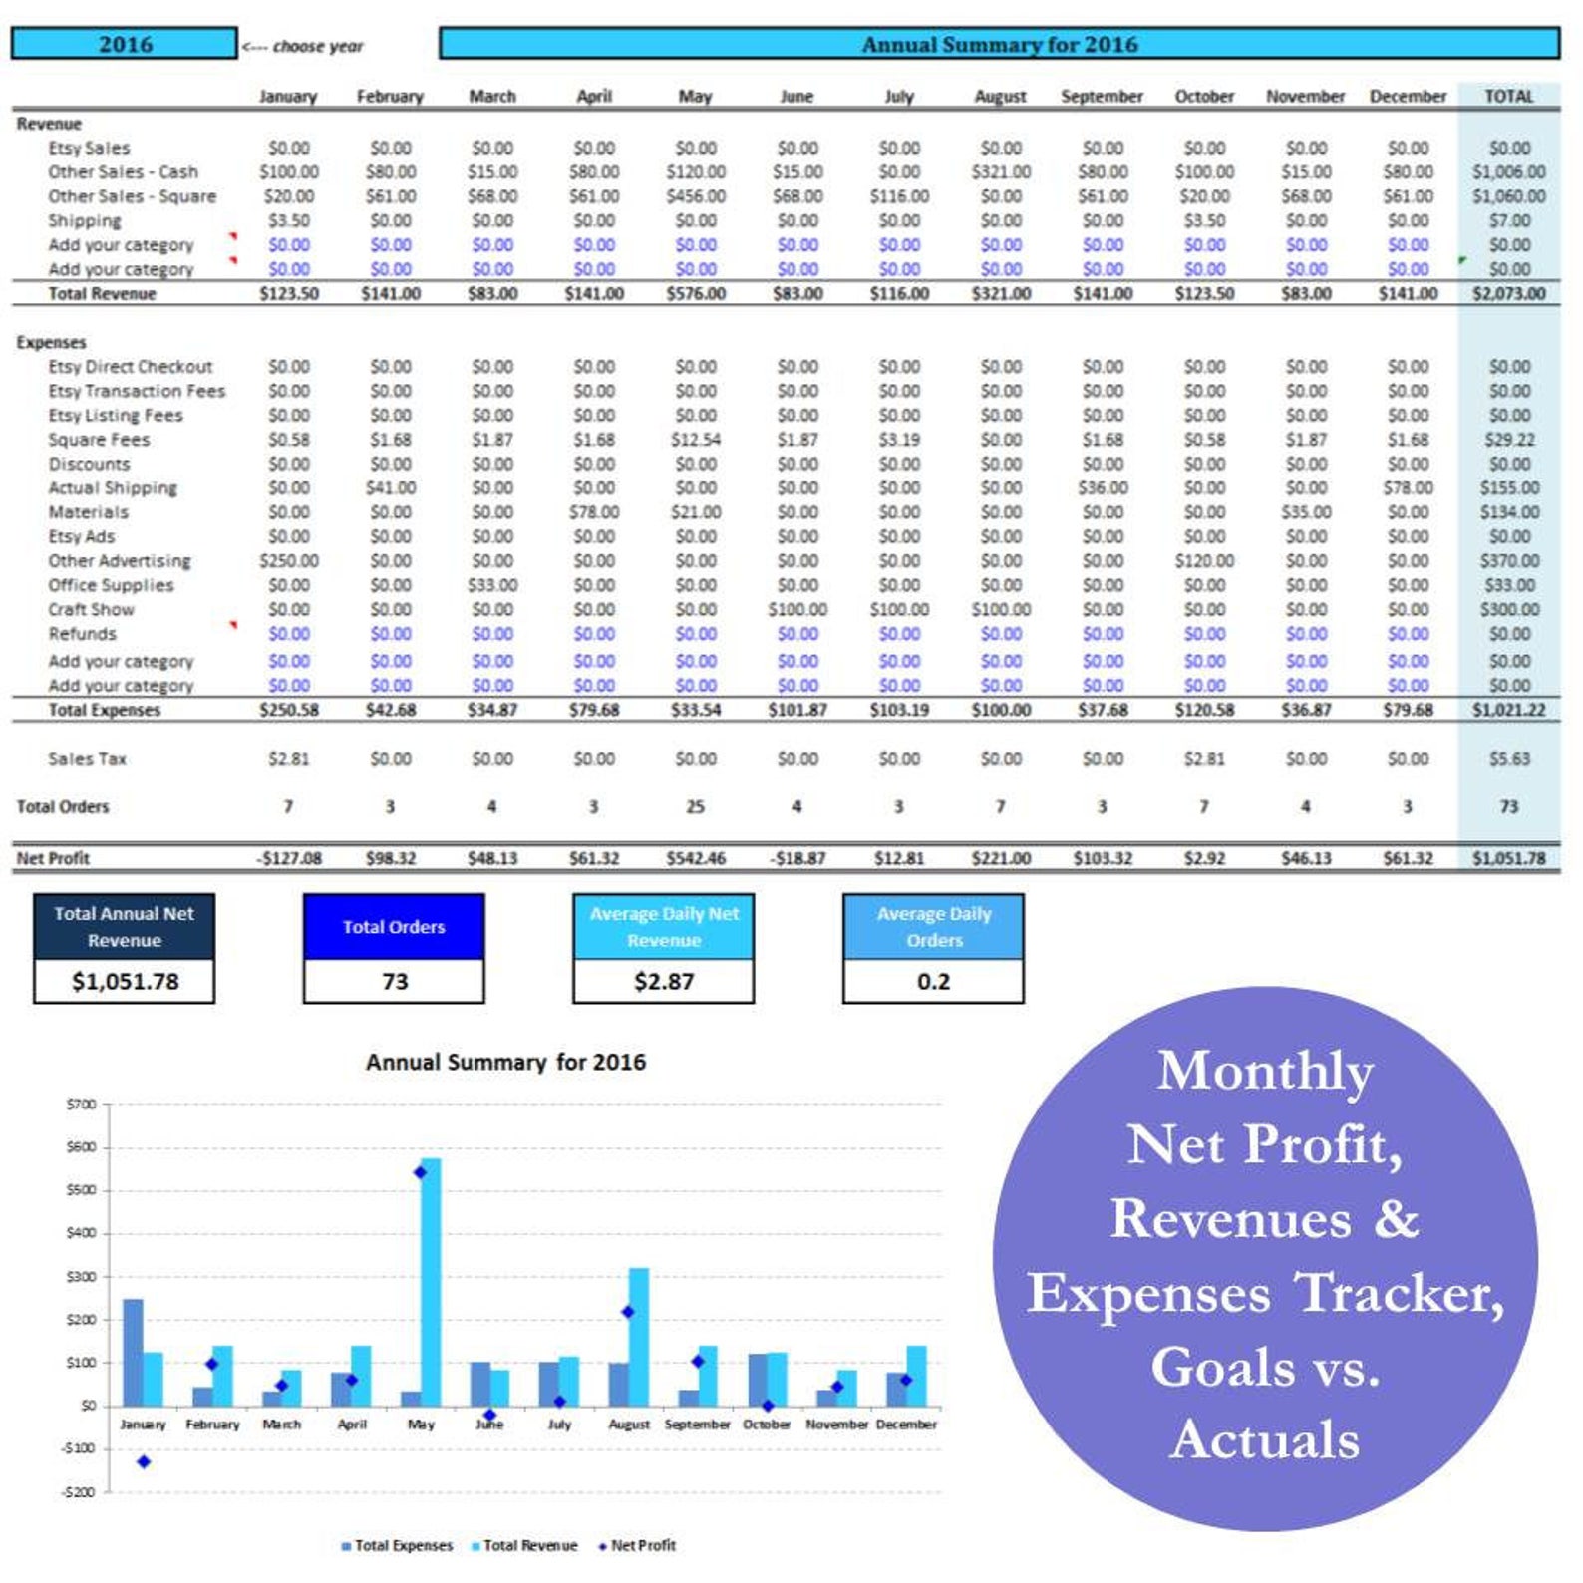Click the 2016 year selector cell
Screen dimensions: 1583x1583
(125, 44)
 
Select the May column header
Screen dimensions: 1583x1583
(695, 97)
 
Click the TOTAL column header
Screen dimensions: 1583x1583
(1509, 97)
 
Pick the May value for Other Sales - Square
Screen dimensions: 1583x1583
(696, 196)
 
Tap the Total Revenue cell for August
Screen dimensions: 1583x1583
(1001, 294)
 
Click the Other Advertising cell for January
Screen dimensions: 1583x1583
(289, 561)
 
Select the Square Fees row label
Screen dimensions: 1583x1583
(99, 440)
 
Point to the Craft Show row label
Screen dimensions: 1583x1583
(91, 609)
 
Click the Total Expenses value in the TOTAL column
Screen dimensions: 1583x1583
(1509, 710)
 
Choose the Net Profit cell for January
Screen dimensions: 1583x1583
(289, 858)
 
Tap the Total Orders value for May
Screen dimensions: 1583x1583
(695, 806)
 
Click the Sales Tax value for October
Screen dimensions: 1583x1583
(1204, 759)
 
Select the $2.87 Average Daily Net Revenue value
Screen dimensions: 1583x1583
(664, 981)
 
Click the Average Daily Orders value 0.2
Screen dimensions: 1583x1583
(934, 981)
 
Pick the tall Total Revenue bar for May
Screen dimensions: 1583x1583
(431, 1281)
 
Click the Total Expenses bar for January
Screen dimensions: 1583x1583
(133, 1352)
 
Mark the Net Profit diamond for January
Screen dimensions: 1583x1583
(144, 1461)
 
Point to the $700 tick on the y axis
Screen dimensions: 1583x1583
(81, 1104)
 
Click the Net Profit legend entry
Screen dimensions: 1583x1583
(637, 1545)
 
